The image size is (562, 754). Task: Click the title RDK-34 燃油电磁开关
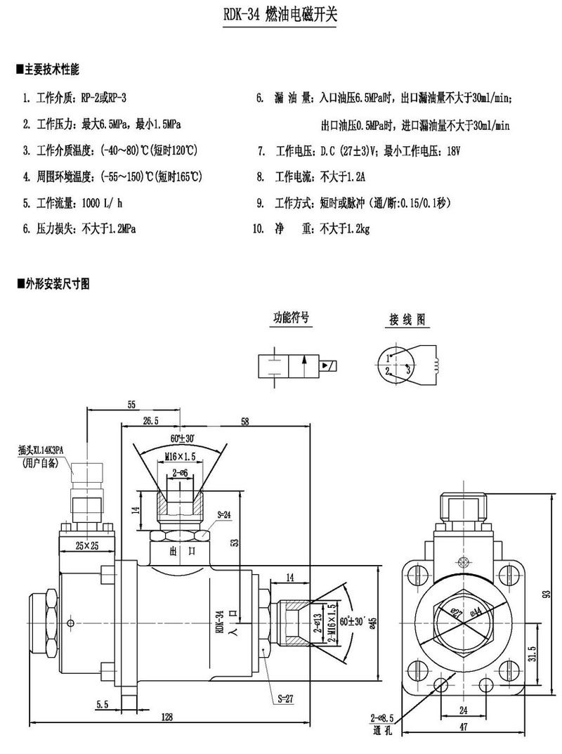point(281,16)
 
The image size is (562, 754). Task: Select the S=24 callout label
point(224,514)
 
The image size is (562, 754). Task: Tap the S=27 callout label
point(285,698)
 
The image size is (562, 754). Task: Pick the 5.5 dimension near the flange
point(103,703)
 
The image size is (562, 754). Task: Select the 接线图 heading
point(407,319)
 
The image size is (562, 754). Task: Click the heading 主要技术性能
point(50,70)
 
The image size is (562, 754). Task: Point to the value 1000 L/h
point(103,204)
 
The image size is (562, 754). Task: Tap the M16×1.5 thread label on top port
point(180,456)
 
